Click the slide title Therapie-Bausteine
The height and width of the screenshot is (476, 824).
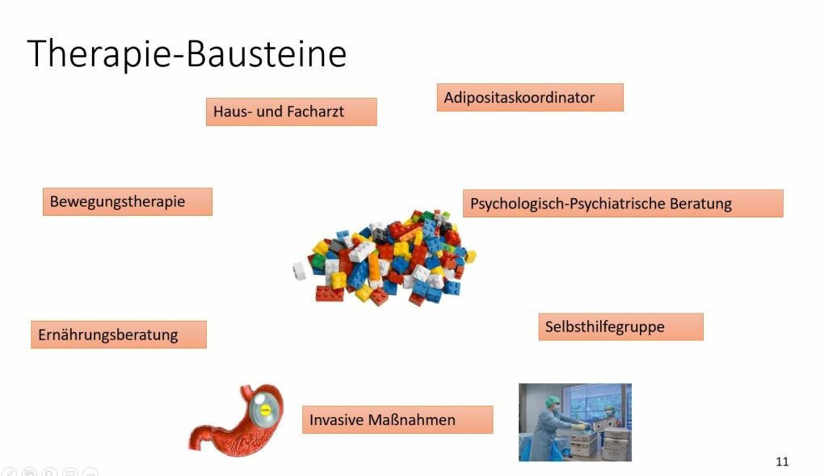click(x=187, y=53)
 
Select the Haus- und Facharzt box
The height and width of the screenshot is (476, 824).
click(x=291, y=112)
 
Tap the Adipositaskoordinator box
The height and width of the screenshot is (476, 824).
click(x=530, y=97)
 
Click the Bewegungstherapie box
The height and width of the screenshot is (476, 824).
click(x=128, y=201)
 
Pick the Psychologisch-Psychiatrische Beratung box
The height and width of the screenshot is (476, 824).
click(x=623, y=203)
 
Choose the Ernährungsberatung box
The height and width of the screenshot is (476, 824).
click(x=119, y=335)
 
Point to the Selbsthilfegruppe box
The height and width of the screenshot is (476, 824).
click(x=620, y=326)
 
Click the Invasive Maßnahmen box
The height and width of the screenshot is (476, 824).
click(x=397, y=419)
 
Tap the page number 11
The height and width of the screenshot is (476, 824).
click(x=782, y=461)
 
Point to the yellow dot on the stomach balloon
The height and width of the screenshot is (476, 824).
click(x=266, y=410)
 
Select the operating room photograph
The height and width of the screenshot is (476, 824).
click(x=575, y=423)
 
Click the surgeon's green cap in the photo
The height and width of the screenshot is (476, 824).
click(x=552, y=402)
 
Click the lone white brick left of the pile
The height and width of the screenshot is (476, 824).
click(x=300, y=271)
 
